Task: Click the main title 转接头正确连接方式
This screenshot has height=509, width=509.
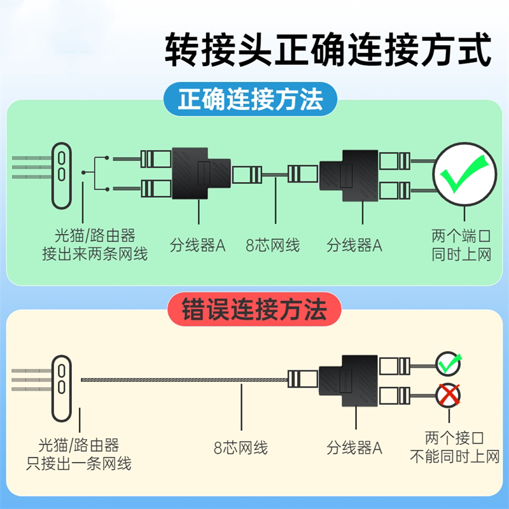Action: pos(328,50)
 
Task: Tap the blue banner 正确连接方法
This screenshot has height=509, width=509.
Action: pos(251,100)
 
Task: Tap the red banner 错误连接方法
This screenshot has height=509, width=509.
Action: pos(254,310)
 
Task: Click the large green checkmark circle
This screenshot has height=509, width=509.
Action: pos(465,175)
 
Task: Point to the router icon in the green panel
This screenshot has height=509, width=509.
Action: pos(62,175)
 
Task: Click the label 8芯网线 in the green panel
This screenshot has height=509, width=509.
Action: pos(273,246)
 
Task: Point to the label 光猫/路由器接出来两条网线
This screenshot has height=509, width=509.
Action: pos(95,246)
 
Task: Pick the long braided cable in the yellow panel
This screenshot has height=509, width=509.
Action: pos(185,380)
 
